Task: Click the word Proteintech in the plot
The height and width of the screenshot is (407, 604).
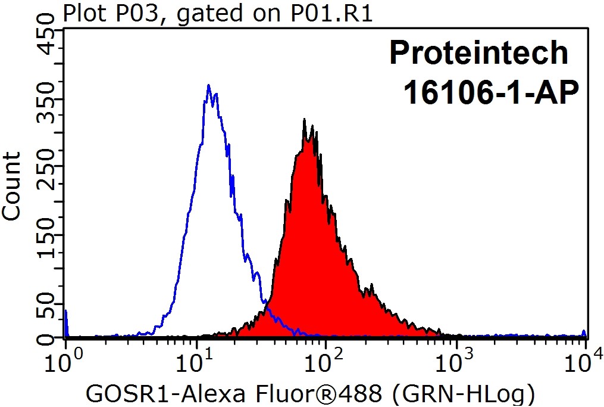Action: pos(478,54)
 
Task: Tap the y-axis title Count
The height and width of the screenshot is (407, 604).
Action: pos(12,185)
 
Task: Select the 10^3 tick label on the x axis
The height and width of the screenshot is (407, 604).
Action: pos(456,361)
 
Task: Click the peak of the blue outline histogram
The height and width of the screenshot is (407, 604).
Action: pos(208,86)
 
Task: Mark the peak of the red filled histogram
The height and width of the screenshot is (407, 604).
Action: pos(304,120)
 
